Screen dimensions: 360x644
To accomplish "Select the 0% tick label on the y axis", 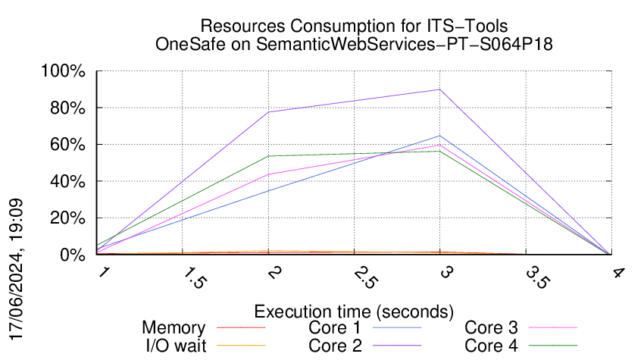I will coord(74,255).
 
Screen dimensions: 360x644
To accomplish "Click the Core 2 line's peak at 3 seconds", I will coord(440,89).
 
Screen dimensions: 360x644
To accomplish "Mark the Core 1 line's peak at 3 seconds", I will coord(440,136).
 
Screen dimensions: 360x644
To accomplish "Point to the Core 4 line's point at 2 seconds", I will coord(269,156).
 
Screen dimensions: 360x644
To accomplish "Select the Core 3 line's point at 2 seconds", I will coord(269,174).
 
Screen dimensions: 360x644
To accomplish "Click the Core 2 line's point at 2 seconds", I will coord(269,112).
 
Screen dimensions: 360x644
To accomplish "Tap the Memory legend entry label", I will coord(174,328).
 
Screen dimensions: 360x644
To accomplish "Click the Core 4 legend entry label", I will coord(491,346).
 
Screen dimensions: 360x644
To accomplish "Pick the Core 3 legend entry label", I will coord(491,328).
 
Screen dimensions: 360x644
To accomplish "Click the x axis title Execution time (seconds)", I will coord(354,311).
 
